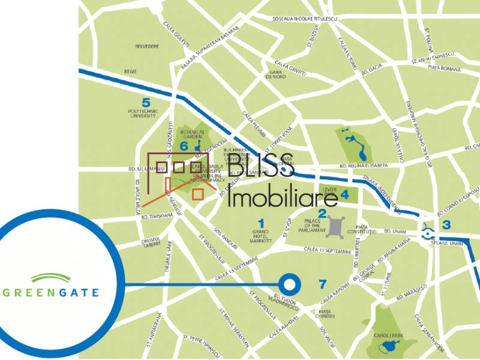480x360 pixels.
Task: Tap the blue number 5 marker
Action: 146,102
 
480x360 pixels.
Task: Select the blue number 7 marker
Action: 323,284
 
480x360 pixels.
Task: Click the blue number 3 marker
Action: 446,226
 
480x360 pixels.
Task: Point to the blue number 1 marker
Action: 261,223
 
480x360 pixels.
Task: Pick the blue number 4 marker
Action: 344,194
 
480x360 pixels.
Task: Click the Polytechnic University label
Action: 146,114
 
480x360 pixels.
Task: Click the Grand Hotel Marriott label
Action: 262,236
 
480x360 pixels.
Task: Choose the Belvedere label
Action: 146,46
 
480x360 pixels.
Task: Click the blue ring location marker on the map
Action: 290,284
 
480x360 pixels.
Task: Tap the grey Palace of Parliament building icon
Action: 334,226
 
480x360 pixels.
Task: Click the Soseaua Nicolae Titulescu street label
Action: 305,19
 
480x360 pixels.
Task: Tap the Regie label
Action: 130,71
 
